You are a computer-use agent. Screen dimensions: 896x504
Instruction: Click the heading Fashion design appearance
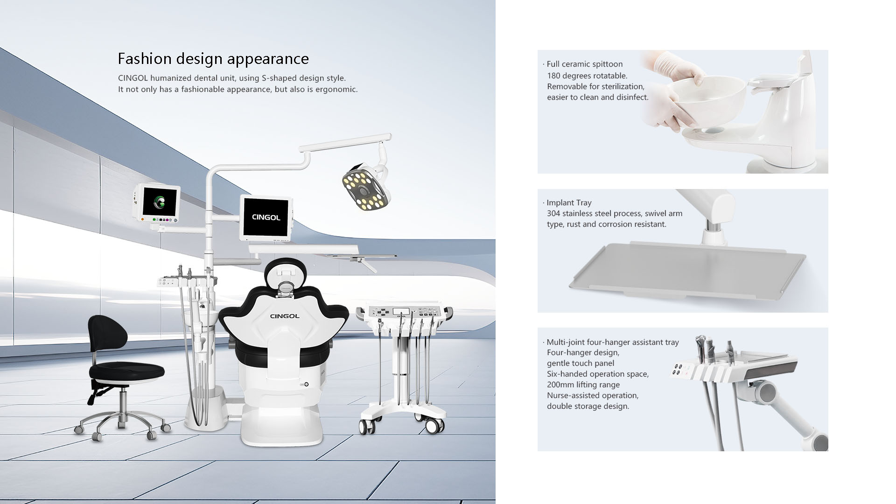coord(213,59)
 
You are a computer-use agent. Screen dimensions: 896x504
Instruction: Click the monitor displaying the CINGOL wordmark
coord(266,217)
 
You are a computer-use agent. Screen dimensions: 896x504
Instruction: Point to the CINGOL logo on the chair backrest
coord(285,316)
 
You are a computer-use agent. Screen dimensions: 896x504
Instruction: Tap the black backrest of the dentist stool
coord(107,334)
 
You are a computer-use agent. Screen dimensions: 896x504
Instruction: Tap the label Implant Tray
coord(569,203)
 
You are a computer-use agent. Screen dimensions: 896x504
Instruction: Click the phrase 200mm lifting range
coord(583,385)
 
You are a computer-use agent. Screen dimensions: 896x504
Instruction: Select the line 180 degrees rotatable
coord(587,76)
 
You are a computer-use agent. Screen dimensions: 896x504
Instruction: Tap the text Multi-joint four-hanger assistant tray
coord(613,342)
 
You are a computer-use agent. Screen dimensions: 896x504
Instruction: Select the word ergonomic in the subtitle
coord(336,89)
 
